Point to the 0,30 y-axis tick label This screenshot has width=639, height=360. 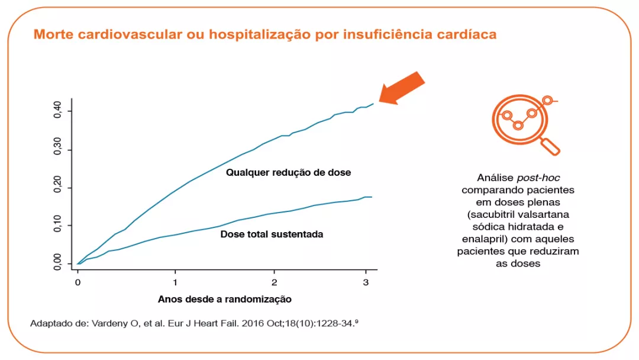coord(57,149)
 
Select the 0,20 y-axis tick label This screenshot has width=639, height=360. coord(57,187)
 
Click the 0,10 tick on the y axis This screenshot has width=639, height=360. coord(57,225)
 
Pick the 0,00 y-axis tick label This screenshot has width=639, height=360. coord(57,262)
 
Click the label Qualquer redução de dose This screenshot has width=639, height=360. coord(288,173)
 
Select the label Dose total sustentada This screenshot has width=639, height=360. coord(272,234)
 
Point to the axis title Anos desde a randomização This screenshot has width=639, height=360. coord(224,299)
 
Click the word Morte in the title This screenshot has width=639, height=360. coord(52,34)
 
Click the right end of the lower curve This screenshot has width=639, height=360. coord(371,197)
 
